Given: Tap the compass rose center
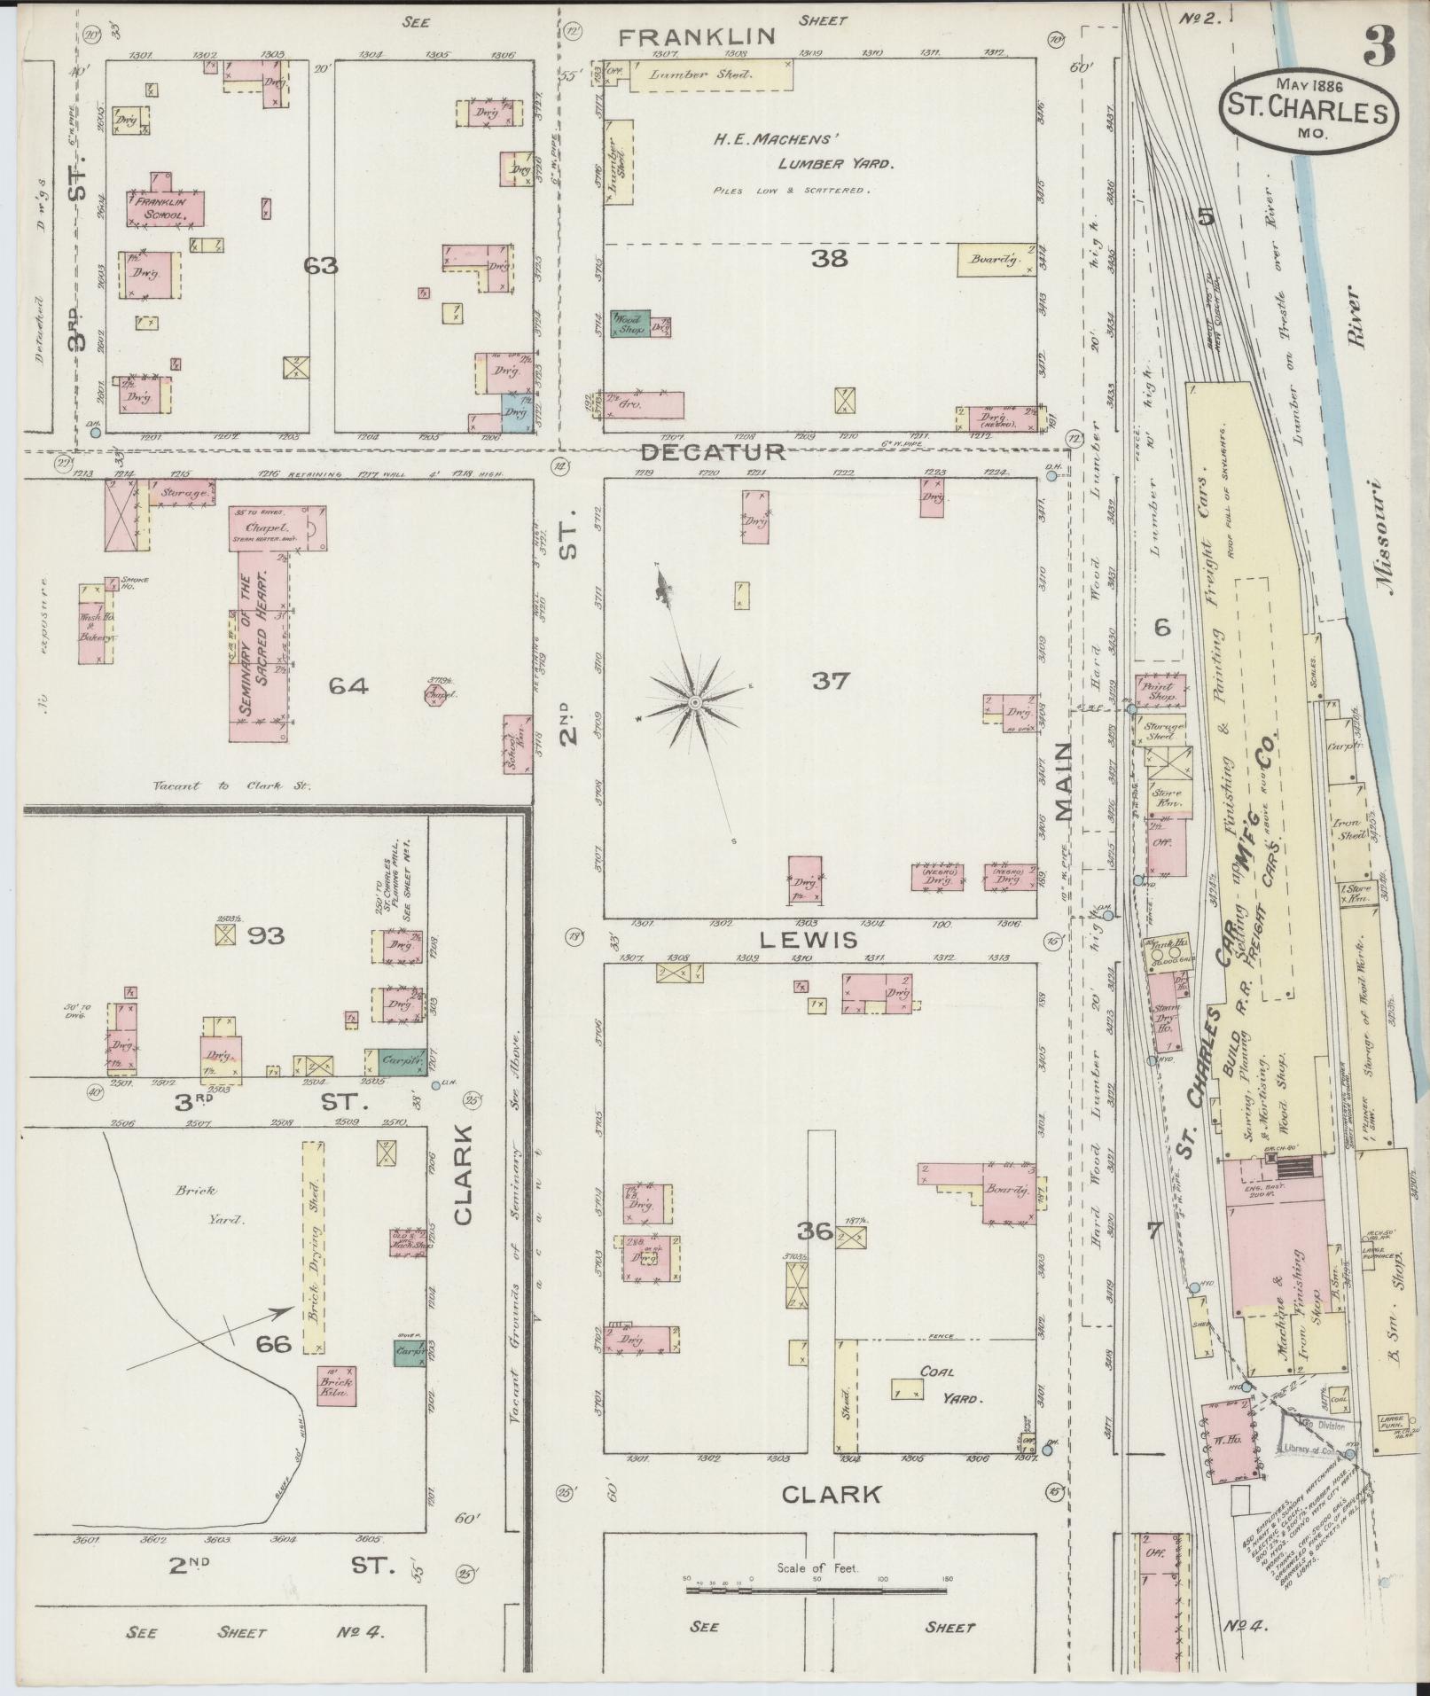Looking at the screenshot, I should pyautogui.click(x=696, y=702).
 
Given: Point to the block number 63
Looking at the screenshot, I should pyautogui.click(x=320, y=265).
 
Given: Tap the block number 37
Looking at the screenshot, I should pyautogui.click(x=829, y=681).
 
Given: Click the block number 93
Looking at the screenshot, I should pyautogui.click(x=264, y=935).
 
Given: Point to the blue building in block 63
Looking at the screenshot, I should pyautogui.click(x=515, y=413).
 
